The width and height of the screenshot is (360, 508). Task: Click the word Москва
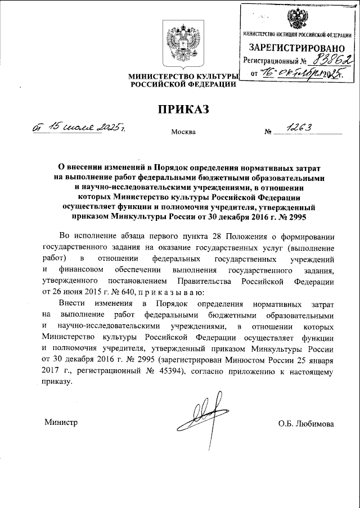pyautogui.click(x=183, y=133)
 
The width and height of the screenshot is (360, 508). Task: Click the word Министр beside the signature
pyautogui.click(x=60, y=423)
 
